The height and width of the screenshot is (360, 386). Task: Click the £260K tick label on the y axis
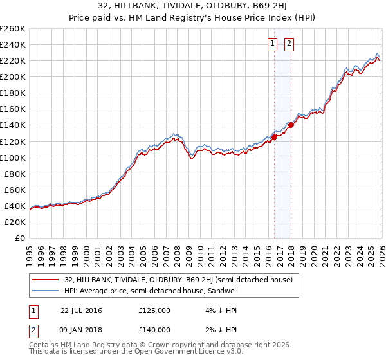tap(13, 29)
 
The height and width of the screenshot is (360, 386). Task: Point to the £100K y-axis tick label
tap(13, 157)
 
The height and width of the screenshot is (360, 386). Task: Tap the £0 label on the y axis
tap(19, 238)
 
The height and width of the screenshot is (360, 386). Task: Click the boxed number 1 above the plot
tap(272, 44)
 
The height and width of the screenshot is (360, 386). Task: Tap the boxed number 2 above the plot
tap(289, 44)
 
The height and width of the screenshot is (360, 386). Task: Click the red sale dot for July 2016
tap(274, 137)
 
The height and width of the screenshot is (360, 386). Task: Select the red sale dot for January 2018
tap(291, 125)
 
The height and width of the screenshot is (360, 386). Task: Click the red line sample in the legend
tap(46, 280)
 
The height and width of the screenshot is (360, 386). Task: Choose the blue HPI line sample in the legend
tap(46, 291)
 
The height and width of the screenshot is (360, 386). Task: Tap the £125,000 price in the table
tap(154, 310)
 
